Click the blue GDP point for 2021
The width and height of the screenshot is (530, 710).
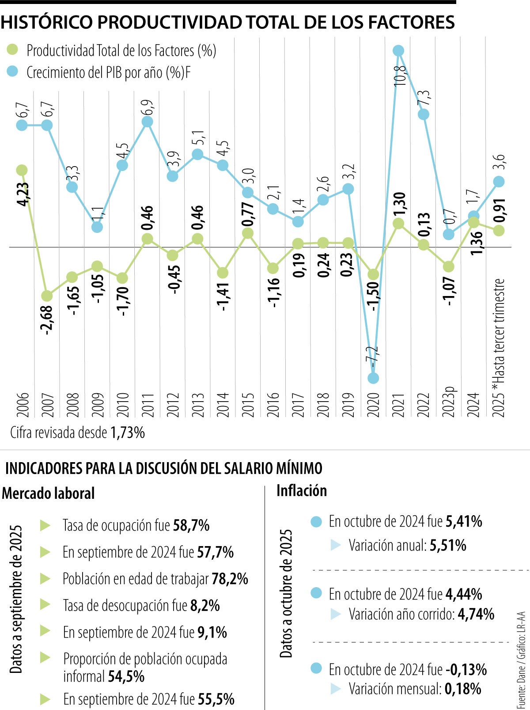pos(398,51)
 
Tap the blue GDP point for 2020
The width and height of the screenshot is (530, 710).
pos(373,378)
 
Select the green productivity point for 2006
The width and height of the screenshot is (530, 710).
pos(22,170)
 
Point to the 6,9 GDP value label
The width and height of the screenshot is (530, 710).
pos(148,107)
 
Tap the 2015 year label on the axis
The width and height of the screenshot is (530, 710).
pos(248,404)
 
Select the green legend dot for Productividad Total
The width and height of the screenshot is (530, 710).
pos(13,49)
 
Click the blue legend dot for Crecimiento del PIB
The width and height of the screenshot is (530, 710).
pos(13,72)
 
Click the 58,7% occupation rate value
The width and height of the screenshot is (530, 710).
pos(191,525)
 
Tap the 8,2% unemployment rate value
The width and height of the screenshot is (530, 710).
pos(205,605)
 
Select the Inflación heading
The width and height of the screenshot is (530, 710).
pos(301,490)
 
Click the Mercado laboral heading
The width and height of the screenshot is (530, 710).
pos(48,493)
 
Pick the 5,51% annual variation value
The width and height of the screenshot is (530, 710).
pos(448,545)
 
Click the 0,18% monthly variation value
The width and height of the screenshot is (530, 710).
pos(463,688)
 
